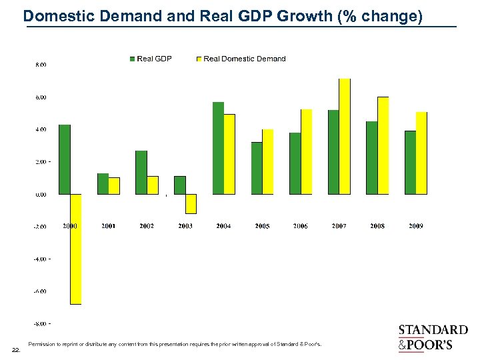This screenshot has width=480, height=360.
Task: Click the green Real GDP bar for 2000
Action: click(x=65, y=159)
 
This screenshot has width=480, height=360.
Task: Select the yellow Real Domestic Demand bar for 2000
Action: click(x=75, y=249)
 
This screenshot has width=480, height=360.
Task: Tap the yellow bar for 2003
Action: click(x=191, y=204)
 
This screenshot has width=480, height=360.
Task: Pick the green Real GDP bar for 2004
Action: click(x=218, y=148)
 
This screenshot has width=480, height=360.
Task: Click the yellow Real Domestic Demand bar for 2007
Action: click(x=344, y=136)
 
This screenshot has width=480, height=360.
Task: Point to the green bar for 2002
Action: click(x=141, y=172)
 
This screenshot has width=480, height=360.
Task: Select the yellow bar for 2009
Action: click(x=421, y=153)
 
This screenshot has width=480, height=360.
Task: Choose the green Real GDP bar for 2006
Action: click(x=295, y=163)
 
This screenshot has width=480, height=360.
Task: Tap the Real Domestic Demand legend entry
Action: click(x=241, y=59)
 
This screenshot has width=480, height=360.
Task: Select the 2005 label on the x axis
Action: click(x=262, y=226)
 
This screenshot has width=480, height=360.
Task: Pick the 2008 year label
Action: click(x=377, y=226)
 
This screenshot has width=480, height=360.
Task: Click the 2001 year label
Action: click(x=108, y=226)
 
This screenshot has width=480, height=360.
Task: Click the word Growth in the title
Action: click(x=305, y=17)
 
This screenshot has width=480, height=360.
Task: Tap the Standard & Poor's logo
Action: click(x=433, y=337)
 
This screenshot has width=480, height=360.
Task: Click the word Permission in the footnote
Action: click(x=41, y=345)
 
